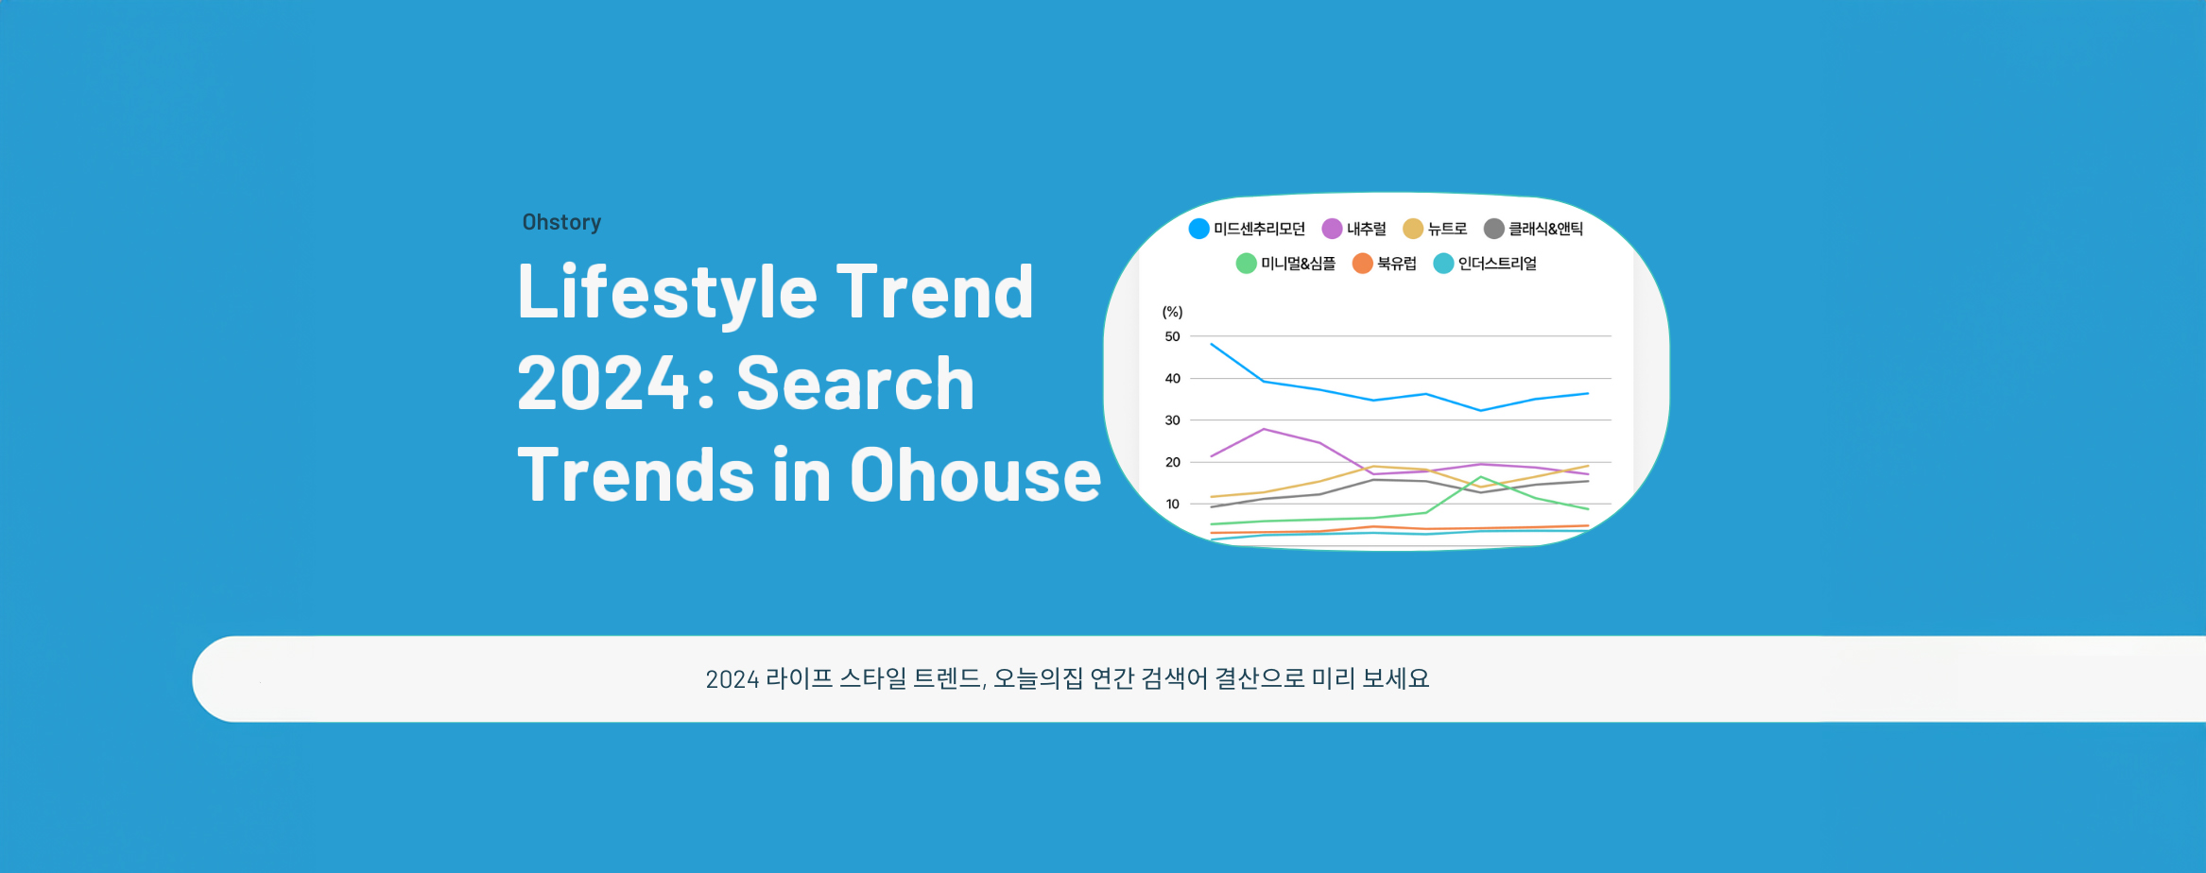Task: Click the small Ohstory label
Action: coord(561,222)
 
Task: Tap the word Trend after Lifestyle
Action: coord(935,292)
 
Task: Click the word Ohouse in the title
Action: coord(975,474)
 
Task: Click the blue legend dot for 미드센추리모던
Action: coord(1198,229)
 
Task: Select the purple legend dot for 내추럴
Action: coord(1332,229)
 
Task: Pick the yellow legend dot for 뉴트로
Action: coord(1413,229)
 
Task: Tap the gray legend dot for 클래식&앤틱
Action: coord(1493,229)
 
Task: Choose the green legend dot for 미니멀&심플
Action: coord(1246,264)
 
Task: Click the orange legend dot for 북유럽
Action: coord(1362,264)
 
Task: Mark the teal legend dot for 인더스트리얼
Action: coord(1443,264)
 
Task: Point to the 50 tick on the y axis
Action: coord(1172,336)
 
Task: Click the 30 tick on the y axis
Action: coord(1172,420)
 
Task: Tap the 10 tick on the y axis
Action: coord(1172,505)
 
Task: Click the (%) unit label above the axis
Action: coord(1172,312)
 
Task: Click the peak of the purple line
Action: coord(1265,429)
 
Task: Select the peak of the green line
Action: coord(1480,477)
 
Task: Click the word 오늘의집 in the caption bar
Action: coord(1038,678)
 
